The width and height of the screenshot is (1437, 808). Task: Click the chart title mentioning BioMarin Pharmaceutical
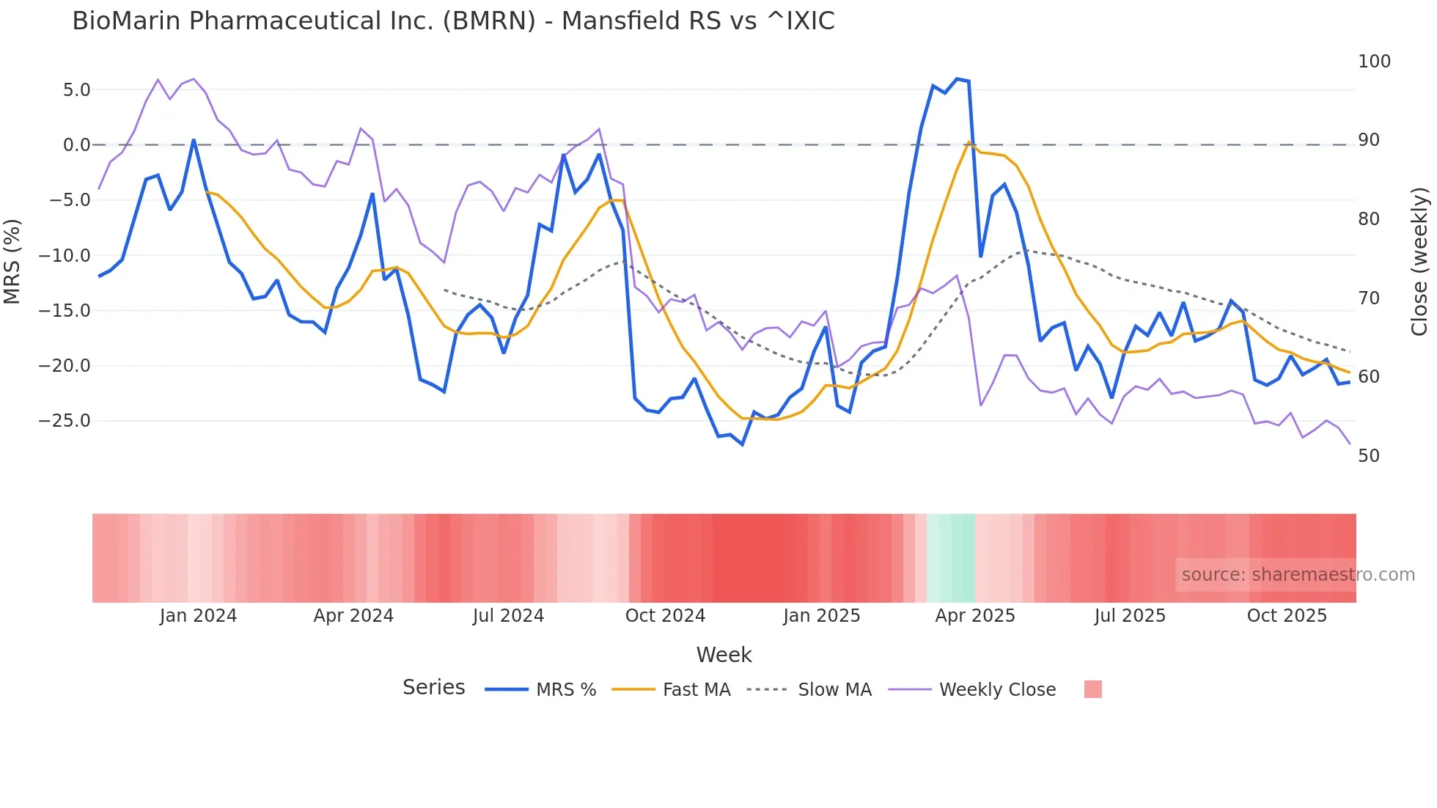453,21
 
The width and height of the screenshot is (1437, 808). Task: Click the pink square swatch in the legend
1092,689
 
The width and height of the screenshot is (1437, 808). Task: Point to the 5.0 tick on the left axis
76,90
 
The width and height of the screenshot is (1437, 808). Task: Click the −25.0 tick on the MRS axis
65,421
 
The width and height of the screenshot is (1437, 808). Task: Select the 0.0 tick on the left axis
76,145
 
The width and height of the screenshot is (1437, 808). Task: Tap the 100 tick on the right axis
1374,62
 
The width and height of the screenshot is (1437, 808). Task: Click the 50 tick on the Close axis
1368,456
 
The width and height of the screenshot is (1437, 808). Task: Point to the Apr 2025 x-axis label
974,616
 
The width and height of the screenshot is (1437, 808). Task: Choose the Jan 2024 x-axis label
198,616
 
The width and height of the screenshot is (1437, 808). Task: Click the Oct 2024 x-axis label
665,616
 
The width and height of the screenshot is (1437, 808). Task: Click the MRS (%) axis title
12,261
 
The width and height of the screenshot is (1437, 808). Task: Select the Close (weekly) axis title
1419,262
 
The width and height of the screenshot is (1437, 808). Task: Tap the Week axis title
724,655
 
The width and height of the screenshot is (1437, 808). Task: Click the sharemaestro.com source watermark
1298,575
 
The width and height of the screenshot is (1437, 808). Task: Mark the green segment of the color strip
951,558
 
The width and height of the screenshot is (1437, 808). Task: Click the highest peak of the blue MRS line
957,78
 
